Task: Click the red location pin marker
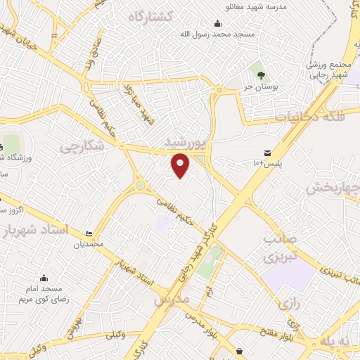(181, 165)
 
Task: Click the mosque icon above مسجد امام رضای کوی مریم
(44, 278)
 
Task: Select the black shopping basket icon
(240, 349)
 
